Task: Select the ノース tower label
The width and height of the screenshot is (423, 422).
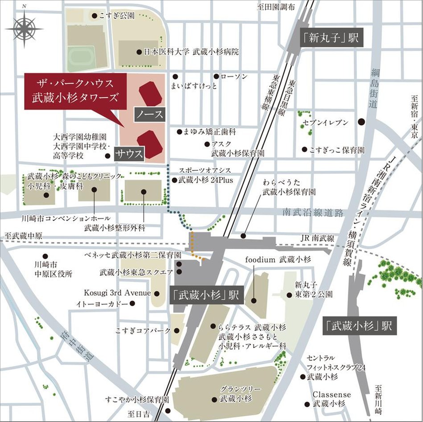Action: (x=150, y=114)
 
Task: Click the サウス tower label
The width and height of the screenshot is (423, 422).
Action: (x=130, y=154)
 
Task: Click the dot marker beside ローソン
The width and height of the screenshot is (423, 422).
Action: (x=216, y=76)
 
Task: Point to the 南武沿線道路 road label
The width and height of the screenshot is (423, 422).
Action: (x=314, y=213)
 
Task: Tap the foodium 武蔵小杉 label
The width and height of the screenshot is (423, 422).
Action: (x=278, y=259)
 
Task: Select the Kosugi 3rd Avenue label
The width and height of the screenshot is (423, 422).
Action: (x=118, y=293)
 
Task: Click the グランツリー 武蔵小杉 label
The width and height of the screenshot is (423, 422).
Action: (x=236, y=393)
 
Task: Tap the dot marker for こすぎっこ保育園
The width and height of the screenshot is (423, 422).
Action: (x=304, y=149)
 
